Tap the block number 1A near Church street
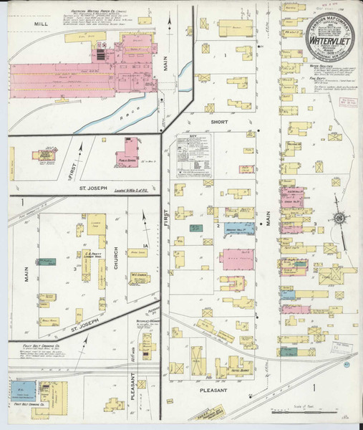coord(144,247)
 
